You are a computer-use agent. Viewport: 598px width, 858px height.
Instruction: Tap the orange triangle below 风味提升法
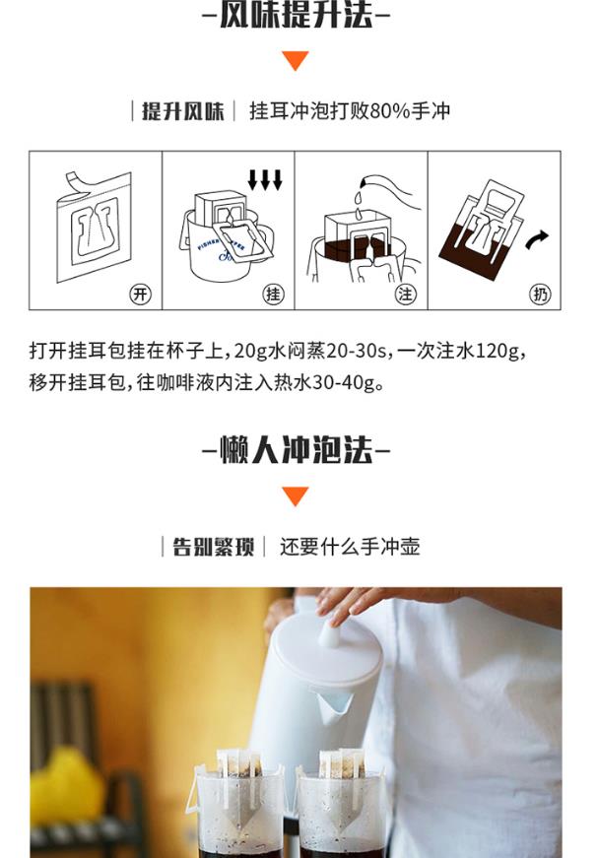296,60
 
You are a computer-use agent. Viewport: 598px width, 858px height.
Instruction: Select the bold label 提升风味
182,111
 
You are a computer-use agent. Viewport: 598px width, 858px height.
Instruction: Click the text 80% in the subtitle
390,111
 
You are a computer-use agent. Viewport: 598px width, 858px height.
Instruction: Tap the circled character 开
140,295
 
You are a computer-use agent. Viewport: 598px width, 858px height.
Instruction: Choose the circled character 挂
273,295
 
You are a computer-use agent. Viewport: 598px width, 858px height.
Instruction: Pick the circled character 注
406,295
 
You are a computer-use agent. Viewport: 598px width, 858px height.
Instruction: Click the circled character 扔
540,295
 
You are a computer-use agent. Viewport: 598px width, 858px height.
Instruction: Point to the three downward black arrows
265,179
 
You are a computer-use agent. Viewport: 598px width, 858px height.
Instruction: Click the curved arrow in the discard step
536,239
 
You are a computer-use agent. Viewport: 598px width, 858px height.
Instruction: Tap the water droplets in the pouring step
358,204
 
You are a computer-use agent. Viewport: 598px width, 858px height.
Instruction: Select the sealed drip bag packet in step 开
95,227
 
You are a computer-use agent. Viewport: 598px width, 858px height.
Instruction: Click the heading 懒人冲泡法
296,450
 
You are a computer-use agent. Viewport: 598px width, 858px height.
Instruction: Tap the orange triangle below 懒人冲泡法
296,495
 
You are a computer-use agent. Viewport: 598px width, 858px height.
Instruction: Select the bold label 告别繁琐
214,547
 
